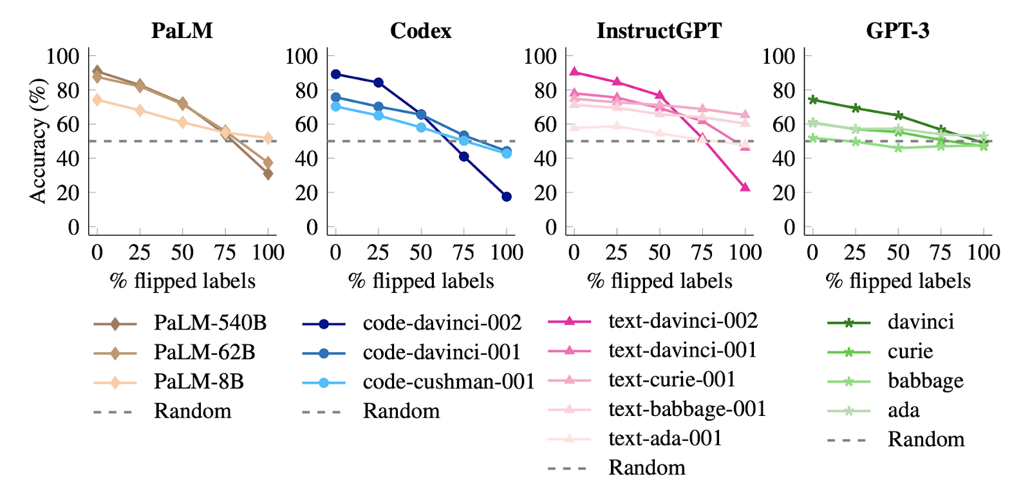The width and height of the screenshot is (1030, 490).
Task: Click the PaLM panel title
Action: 182,30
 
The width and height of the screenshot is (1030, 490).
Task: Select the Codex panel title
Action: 420,30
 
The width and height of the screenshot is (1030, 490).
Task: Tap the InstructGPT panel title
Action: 659,30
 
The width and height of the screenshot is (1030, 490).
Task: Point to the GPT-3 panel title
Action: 897,30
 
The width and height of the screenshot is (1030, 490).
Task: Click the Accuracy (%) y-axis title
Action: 38,140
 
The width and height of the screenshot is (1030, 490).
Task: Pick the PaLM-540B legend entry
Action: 209,323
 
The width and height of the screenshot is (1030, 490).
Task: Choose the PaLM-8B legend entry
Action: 198,382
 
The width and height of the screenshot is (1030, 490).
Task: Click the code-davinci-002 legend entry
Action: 442,323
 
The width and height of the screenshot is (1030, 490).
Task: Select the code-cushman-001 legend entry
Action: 448,382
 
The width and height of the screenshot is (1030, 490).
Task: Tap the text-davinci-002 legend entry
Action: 682,321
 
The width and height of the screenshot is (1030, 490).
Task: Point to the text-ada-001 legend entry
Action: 665,438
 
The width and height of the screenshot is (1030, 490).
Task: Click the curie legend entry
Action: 910,352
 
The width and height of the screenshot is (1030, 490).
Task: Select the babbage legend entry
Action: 925,381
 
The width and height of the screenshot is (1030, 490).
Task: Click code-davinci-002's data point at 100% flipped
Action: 507,196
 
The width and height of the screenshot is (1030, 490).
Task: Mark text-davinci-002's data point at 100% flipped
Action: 745,187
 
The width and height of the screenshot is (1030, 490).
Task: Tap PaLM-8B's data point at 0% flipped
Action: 97,99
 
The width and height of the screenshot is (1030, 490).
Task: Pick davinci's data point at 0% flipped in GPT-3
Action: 812,100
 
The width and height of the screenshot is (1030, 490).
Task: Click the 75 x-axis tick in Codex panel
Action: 464,252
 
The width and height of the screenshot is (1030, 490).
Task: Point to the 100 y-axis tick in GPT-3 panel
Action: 779,56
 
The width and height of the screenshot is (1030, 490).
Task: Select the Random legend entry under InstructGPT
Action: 646,468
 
